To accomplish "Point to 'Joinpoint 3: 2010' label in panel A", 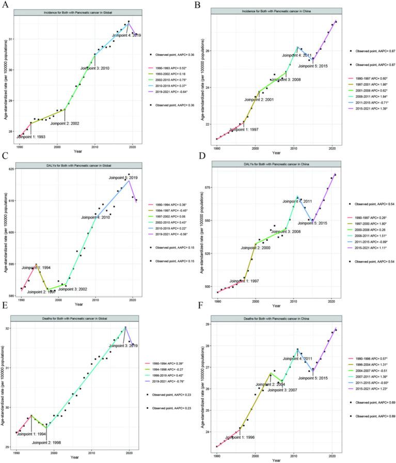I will [x=95, y=68].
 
